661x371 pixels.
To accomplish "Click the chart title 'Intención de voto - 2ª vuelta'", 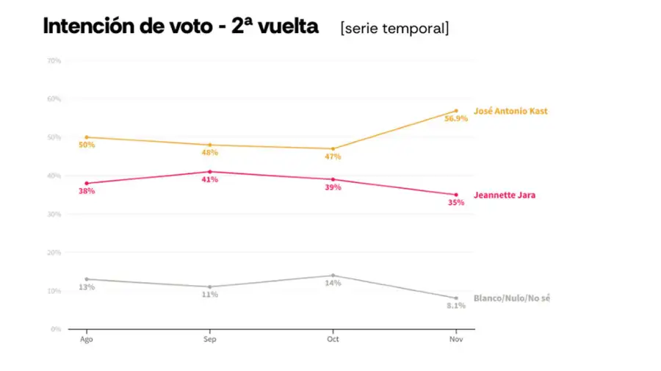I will point(181,26).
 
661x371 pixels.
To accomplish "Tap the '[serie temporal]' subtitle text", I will point(394,29).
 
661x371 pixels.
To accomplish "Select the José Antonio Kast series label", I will point(510,111).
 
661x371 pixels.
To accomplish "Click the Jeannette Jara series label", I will point(505,195).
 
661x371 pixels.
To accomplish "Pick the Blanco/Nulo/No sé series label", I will point(511,298).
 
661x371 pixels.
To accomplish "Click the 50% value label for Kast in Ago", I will point(87,145).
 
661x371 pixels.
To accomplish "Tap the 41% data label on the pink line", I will point(210,180).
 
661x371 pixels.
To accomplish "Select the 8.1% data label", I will point(455,306).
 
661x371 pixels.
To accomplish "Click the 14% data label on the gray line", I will point(333,284).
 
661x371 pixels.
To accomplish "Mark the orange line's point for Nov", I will point(456,111).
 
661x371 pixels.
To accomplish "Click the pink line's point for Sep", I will point(210,172).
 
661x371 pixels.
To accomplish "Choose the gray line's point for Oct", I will point(333,275).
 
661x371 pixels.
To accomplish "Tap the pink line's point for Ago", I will point(87,184).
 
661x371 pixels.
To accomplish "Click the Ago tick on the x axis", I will point(87,339).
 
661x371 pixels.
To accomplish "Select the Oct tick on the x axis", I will point(333,339).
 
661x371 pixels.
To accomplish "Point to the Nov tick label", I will point(456,339).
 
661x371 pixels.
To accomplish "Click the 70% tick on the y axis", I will point(54,60).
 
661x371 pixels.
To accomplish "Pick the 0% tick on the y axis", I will point(56,329).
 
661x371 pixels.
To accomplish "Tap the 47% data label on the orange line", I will point(333,156).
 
